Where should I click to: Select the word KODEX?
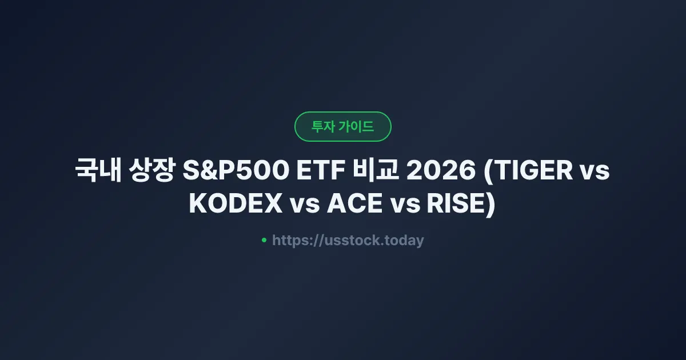[x=236, y=205]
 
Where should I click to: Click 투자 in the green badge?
[x=324, y=127]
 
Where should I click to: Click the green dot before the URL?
[x=264, y=241]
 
